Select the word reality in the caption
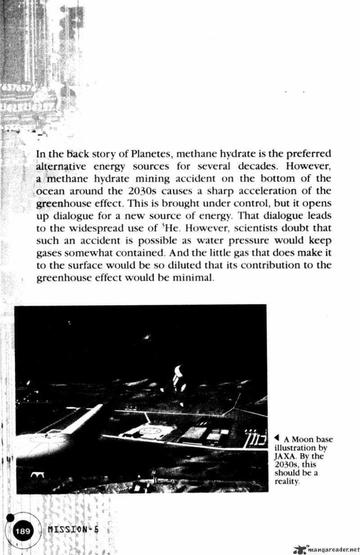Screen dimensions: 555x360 [287, 481]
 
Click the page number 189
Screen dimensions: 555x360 [22, 532]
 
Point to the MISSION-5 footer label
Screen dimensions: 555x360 [73, 530]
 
